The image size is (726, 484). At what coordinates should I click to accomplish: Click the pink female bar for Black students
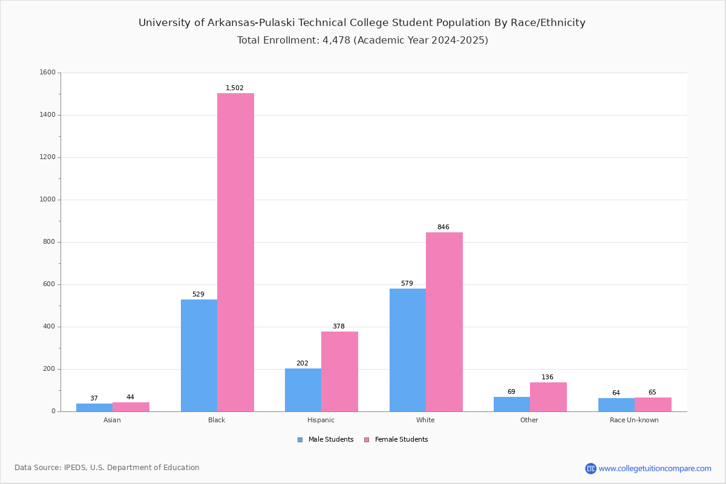point(235,252)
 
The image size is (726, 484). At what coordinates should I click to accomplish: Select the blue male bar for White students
point(408,350)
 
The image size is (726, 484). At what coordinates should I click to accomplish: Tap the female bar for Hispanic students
point(339,371)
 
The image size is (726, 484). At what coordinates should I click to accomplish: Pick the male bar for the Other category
point(512,404)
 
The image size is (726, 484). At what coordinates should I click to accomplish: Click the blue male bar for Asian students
point(94,408)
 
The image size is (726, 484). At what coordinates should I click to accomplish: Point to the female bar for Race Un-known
point(653,405)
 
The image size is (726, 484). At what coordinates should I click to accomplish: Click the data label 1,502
point(235,88)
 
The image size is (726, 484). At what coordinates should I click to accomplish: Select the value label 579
point(407,283)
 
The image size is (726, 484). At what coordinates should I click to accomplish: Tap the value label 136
point(548,377)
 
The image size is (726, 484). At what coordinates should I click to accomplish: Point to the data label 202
point(302,363)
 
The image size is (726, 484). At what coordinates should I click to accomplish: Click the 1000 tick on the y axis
point(48,200)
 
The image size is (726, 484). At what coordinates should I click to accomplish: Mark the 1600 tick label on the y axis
point(48,72)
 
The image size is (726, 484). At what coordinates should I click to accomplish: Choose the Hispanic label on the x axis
point(321,420)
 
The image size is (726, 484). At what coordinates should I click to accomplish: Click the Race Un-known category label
point(634,420)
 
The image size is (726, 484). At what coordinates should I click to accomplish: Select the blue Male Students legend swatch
point(300,440)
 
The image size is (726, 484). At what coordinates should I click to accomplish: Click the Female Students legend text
point(402,440)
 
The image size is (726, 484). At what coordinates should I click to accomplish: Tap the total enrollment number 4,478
point(336,40)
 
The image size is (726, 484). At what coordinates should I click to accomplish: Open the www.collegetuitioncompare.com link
point(655,468)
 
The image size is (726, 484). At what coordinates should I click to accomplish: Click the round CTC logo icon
point(591,468)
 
